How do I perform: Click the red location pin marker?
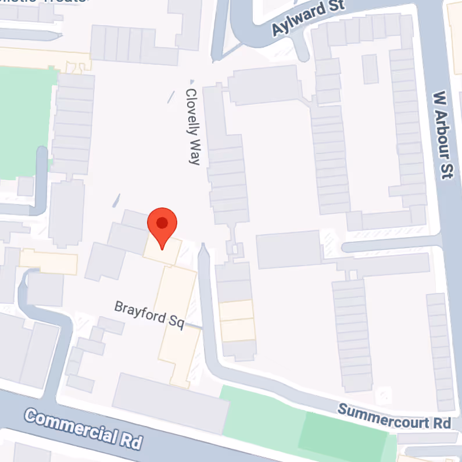[162, 227]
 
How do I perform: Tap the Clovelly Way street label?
[193, 126]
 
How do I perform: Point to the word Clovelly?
[192, 113]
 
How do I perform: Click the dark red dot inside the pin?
[162, 222]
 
